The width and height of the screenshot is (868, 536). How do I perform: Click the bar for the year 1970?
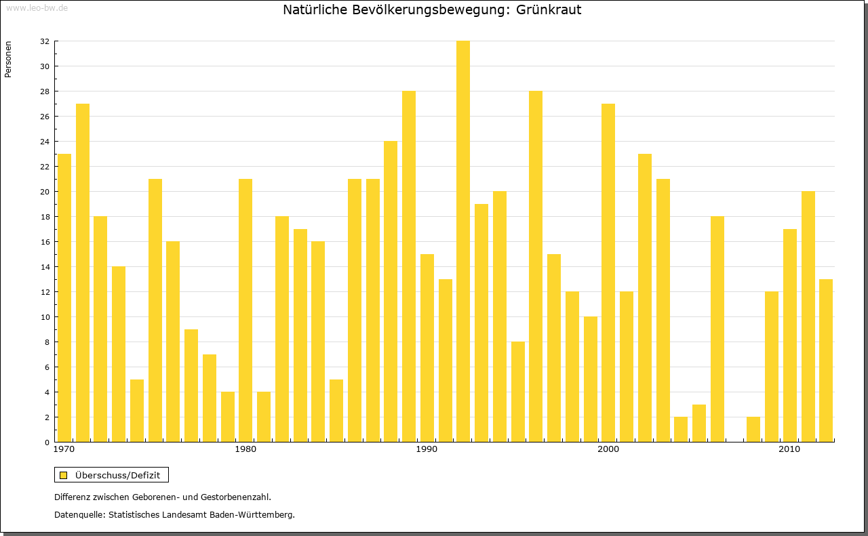tap(64, 298)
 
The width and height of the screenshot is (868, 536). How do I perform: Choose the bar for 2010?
tap(790, 335)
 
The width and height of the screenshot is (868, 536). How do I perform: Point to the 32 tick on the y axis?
tap(44, 41)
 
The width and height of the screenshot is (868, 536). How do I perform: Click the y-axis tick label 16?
tap(44, 242)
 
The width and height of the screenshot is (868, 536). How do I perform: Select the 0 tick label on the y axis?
tap(46, 442)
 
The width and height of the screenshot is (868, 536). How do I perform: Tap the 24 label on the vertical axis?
tap(44, 142)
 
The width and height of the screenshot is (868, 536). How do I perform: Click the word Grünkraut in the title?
tap(548, 10)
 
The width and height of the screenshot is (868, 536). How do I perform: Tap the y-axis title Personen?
tap(8, 59)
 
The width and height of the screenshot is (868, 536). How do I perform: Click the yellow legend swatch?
tap(63, 475)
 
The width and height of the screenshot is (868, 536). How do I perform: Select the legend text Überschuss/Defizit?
tap(118, 475)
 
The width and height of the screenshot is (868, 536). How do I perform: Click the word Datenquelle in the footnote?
tap(79, 515)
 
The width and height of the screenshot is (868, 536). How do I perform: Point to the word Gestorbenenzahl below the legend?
tap(227, 497)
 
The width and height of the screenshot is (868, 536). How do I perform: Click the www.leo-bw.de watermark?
tap(37, 7)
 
